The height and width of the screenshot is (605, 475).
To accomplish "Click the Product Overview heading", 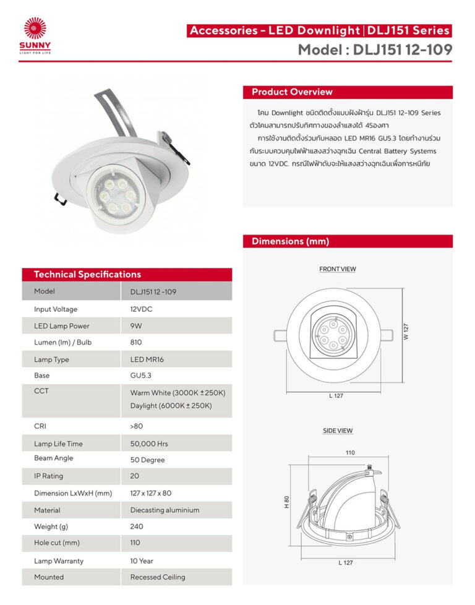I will (292, 92).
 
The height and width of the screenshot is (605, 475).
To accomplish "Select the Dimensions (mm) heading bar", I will (290, 241).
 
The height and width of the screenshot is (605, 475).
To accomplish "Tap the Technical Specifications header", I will (87, 275).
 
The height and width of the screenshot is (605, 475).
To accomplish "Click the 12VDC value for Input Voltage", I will (142, 309).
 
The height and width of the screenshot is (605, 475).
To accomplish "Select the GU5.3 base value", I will (141, 375).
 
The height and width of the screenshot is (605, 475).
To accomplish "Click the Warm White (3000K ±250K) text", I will (178, 393).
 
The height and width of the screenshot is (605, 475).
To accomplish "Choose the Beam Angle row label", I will (54, 458).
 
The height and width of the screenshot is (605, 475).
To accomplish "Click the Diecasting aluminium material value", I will (165, 510).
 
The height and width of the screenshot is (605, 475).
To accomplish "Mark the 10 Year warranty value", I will (142, 561).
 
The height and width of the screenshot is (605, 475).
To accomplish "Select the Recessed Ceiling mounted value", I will (158, 577).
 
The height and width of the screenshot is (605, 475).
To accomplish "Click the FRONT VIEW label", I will (337, 269).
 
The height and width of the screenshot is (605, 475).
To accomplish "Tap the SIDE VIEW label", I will (338, 431).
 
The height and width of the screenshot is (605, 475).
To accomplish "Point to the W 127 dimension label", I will (406, 332).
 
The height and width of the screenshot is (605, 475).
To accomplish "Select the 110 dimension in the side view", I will (350, 453).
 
